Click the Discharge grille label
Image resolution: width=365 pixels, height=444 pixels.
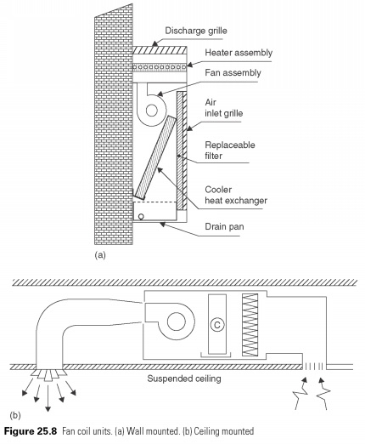point(196,31)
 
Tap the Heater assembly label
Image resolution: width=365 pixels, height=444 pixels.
point(239,53)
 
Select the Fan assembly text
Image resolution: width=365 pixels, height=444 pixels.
point(233,73)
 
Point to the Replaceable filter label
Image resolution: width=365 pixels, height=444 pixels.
point(230,151)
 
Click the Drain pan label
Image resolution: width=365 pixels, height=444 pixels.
point(224,226)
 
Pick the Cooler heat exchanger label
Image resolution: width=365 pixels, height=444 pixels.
point(236,195)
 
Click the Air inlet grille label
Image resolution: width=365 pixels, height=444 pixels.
point(224,108)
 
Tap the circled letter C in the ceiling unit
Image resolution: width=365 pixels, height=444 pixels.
point(217,325)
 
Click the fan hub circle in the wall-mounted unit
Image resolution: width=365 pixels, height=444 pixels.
point(152,111)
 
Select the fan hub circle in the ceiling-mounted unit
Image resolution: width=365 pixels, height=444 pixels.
point(177,322)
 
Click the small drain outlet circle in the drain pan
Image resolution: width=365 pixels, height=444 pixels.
point(141,217)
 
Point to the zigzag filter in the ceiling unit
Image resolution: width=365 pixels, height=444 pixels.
point(250,325)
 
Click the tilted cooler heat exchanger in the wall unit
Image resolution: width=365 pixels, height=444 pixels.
point(155,157)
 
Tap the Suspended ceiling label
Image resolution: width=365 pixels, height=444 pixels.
point(184,379)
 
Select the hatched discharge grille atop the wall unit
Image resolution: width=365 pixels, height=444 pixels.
point(160,50)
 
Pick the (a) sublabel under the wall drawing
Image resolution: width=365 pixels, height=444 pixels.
point(100,255)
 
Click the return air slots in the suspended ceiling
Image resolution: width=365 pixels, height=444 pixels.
point(314,367)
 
